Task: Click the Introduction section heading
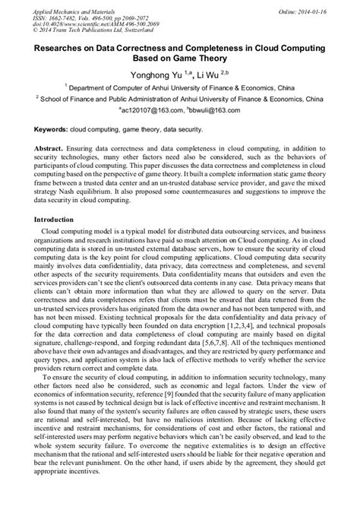[x=60, y=220]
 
